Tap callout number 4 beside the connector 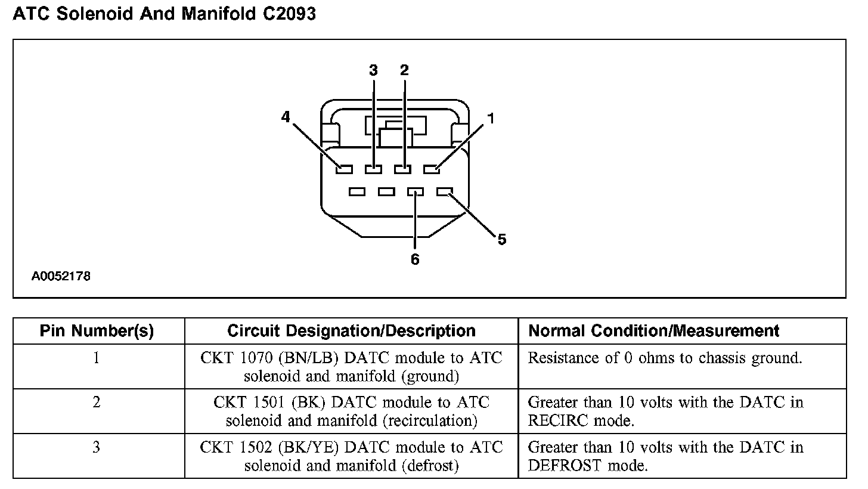click(286, 117)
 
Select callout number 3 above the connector click(374, 70)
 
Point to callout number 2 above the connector click(404, 70)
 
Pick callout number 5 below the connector click(502, 240)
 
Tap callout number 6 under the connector click(415, 259)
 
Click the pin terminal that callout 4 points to click(344, 169)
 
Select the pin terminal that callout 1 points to click(432, 169)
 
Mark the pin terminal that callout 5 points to click(445, 192)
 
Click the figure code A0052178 click(61, 277)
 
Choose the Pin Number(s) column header click(97, 331)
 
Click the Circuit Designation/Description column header click(351, 331)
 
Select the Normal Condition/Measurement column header click(654, 331)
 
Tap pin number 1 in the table click(97, 358)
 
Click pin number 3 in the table click(97, 447)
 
